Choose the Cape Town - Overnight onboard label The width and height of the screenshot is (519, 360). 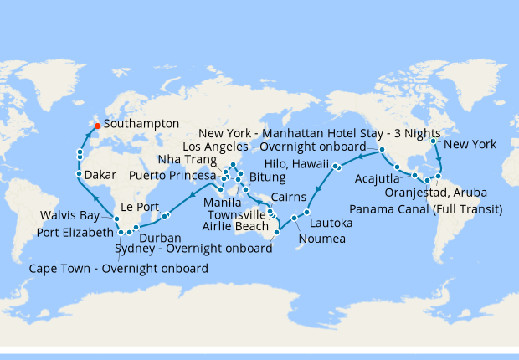(x=118, y=269)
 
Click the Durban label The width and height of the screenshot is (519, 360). (x=161, y=238)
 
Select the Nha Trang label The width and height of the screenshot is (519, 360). (x=182, y=159)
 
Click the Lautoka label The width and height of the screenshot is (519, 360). (x=332, y=224)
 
